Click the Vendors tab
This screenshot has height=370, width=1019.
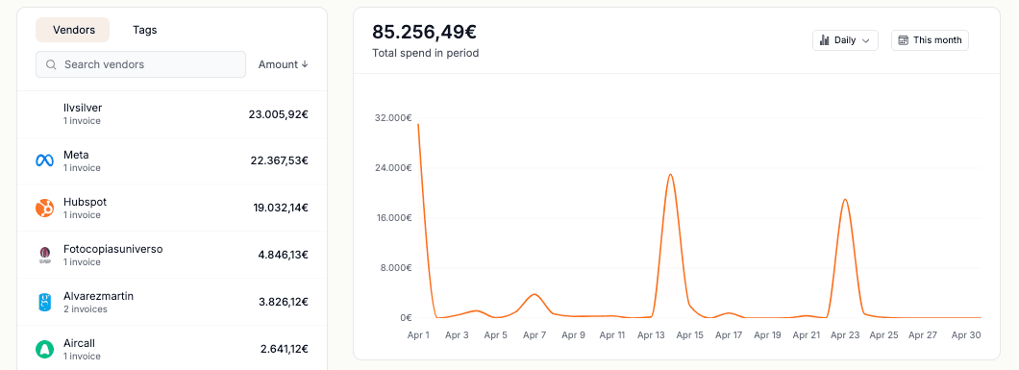pos(73,30)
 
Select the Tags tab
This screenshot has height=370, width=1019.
pos(145,30)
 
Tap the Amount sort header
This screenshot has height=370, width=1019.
pos(283,64)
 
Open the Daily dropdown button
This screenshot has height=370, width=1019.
pos(845,40)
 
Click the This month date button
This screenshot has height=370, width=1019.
pos(930,40)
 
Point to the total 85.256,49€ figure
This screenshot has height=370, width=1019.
pos(424,32)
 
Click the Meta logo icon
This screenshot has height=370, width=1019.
pos(44,160)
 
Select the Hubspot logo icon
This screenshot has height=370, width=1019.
pos(44,208)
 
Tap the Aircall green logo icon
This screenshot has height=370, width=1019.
pos(44,349)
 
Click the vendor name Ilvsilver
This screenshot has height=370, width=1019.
pos(83,108)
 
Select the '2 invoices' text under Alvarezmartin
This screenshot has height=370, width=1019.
pos(86,309)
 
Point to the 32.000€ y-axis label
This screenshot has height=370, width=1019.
pos(393,118)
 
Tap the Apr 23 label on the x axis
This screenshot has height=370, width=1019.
pos(845,335)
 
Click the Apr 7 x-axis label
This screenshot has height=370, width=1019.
pos(534,335)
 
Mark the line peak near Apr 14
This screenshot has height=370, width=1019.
pos(670,174)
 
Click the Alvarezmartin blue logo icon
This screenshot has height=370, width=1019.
pos(44,303)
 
